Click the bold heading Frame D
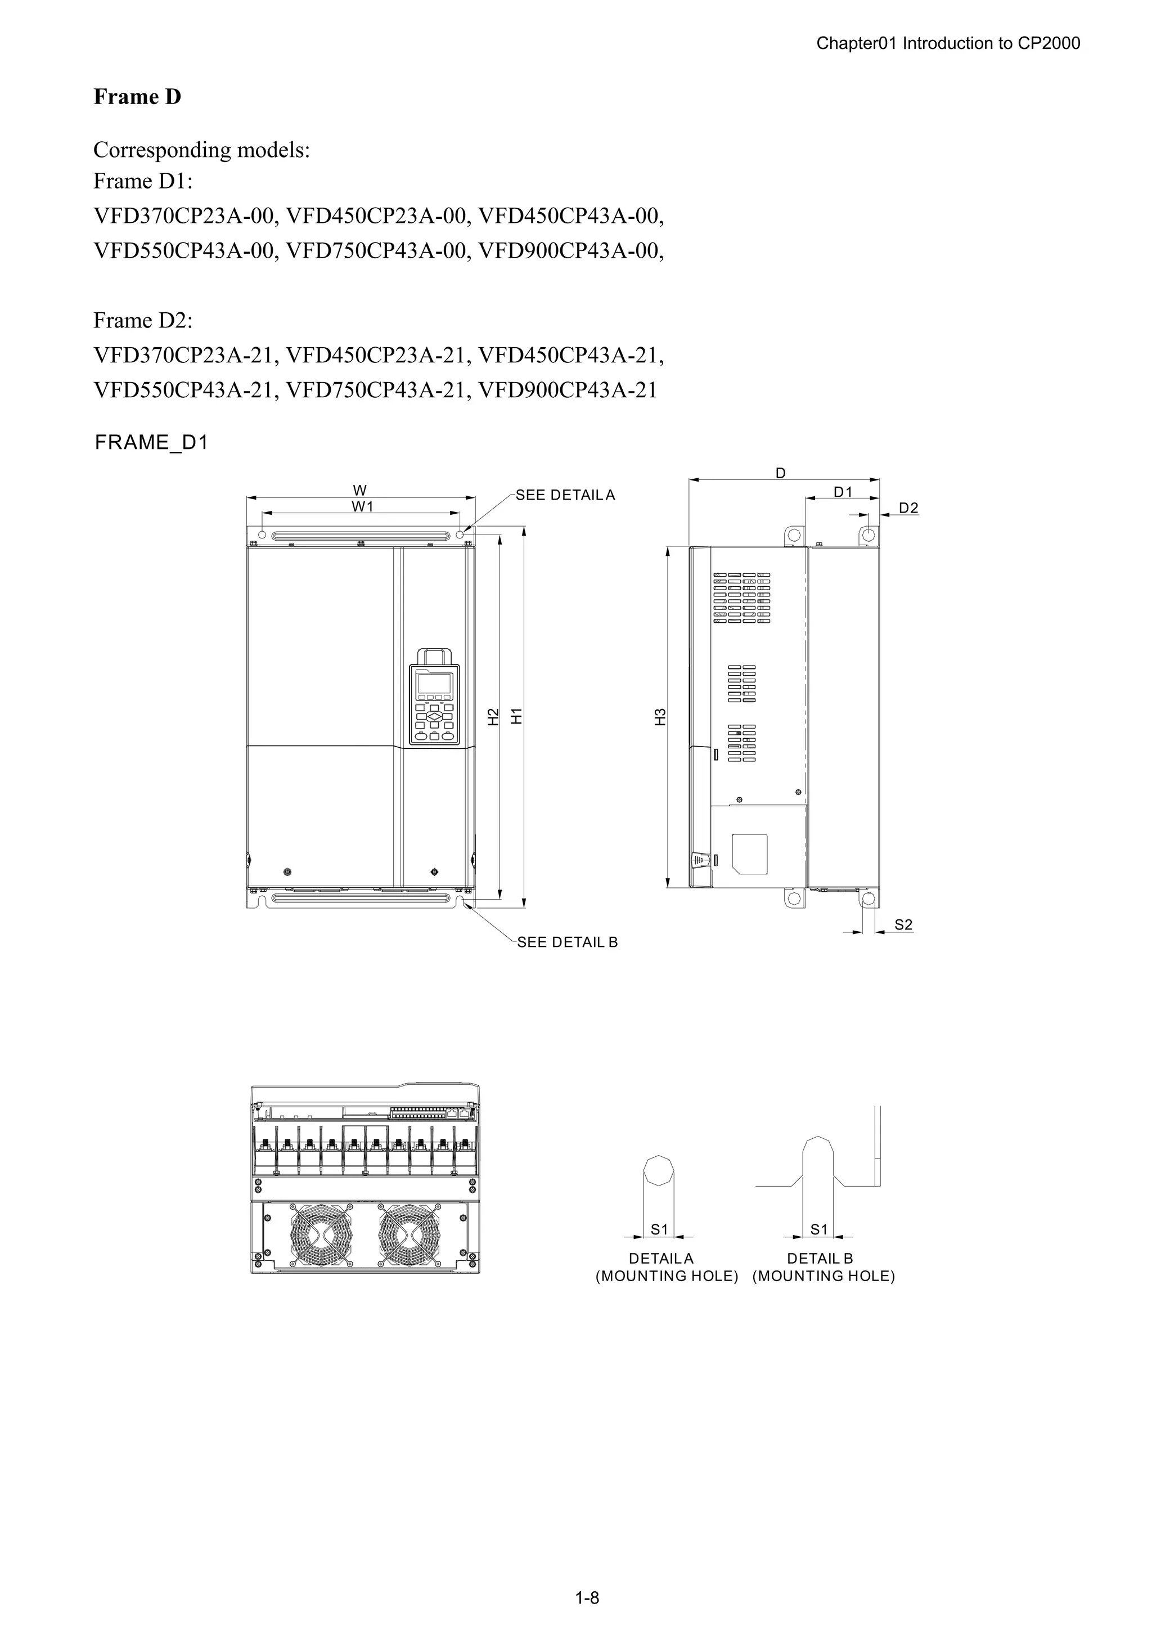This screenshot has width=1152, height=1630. click(137, 97)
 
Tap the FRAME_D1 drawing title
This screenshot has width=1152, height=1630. click(151, 442)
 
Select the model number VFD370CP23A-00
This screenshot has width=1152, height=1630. click(184, 216)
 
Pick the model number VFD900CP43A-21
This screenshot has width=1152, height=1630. click(568, 390)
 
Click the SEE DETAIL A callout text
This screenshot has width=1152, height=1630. click(565, 496)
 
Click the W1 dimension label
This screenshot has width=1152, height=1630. click(362, 507)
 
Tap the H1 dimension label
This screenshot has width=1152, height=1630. click(517, 716)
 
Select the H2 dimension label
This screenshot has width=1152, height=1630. click(494, 717)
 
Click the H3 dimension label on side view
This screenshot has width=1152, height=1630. click(661, 717)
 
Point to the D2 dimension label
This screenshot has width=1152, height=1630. click(908, 508)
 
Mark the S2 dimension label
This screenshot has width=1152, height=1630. click(903, 924)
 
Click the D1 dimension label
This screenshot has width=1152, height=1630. click(843, 492)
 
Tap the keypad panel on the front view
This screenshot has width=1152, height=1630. click(434, 705)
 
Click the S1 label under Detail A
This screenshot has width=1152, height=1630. click(659, 1229)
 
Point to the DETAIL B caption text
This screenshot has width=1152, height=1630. click(820, 1259)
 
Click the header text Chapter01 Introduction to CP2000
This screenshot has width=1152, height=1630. click(948, 43)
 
